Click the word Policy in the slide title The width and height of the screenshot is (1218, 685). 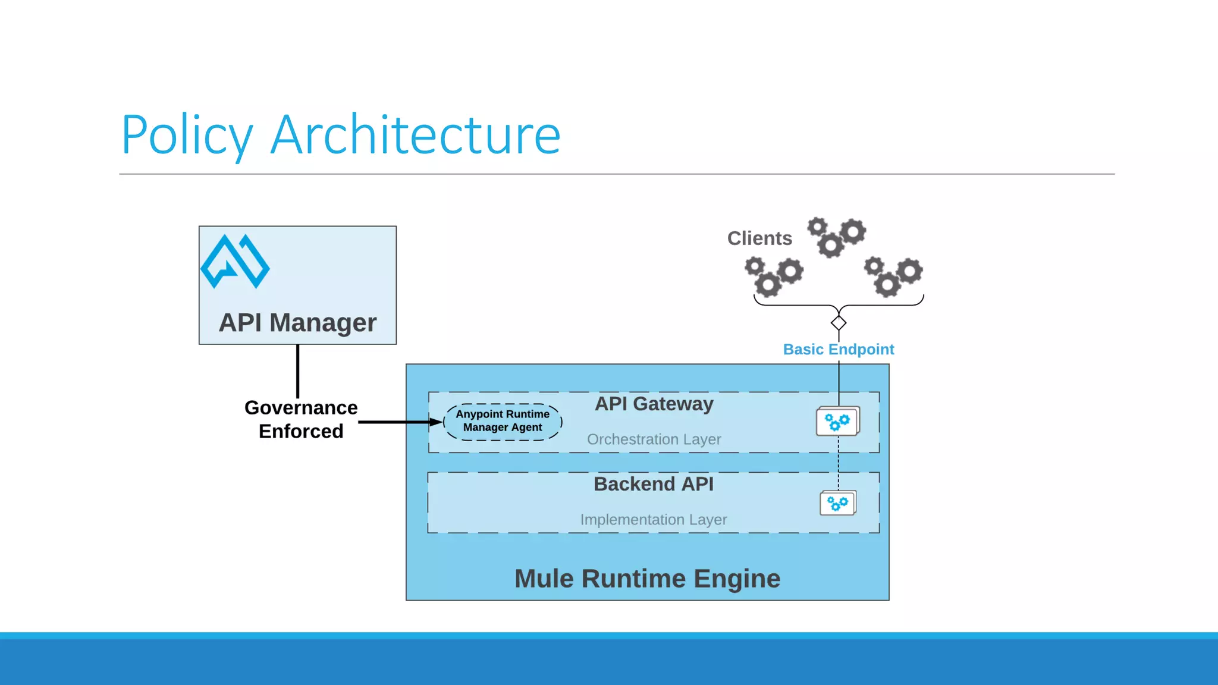pyautogui.click(x=187, y=136)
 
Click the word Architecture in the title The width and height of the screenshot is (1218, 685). pyautogui.click(x=415, y=136)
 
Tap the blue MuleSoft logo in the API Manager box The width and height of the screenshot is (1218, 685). pyautogui.click(x=235, y=262)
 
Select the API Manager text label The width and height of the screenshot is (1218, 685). pyautogui.click(x=297, y=323)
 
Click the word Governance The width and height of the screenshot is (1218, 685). pyautogui.click(x=301, y=408)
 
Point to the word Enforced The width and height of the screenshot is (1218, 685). pyautogui.click(x=301, y=431)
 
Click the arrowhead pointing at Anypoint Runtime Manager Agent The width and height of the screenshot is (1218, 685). pyautogui.click(x=437, y=422)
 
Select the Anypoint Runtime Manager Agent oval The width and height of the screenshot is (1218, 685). pyautogui.click(x=503, y=422)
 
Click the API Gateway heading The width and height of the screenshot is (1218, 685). pyautogui.click(x=654, y=404)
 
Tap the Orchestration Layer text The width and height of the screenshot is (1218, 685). pyautogui.click(x=654, y=439)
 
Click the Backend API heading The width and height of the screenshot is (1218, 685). pyautogui.click(x=654, y=484)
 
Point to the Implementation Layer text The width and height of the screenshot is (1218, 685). pyautogui.click(x=654, y=520)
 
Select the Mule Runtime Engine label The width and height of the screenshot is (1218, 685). pyautogui.click(x=647, y=579)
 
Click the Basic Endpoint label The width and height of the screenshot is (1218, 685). pyautogui.click(x=838, y=350)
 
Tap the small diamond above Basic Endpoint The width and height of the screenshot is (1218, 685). pyautogui.click(x=839, y=323)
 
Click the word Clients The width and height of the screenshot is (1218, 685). pyautogui.click(x=759, y=238)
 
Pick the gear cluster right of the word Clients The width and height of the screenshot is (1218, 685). pyautogui.click(x=836, y=236)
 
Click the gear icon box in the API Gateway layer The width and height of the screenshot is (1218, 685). pyautogui.click(x=837, y=422)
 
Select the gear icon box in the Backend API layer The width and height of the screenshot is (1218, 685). pyautogui.click(x=837, y=503)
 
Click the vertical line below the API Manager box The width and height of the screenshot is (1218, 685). pyautogui.click(x=297, y=371)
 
